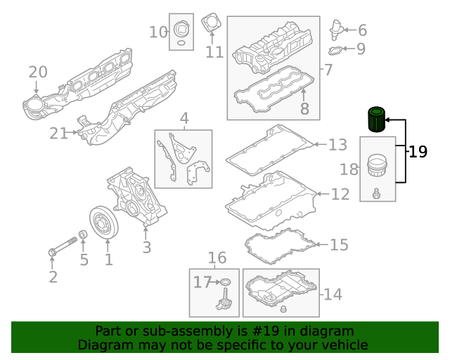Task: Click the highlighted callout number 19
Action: pyautogui.click(x=418, y=151)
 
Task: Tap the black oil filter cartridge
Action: pyautogui.click(x=377, y=120)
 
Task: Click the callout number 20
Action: pyautogui.click(x=38, y=72)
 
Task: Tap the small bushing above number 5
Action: pyautogui.click(x=82, y=235)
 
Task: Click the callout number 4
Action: pyautogui.click(x=184, y=118)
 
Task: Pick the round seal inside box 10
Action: pyautogui.click(x=182, y=30)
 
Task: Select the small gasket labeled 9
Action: pyautogui.click(x=335, y=50)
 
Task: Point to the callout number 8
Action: pyautogui.click(x=304, y=109)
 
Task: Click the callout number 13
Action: pyautogui.click(x=337, y=145)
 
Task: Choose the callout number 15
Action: pyautogui.click(x=339, y=245)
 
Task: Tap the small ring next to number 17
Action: pyautogui.click(x=224, y=283)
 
